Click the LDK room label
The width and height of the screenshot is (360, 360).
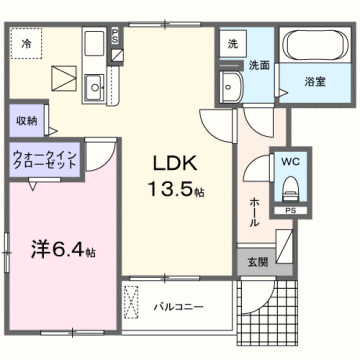point(175,162)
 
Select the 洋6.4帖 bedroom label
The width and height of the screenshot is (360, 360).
point(62,248)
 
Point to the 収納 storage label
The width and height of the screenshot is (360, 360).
point(27,119)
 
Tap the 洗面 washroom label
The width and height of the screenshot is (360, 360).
point(259,64)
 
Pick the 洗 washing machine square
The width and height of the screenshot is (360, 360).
point(232,44)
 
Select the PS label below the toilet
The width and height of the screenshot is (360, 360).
point(291,212)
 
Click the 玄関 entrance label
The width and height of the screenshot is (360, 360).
point(257,262)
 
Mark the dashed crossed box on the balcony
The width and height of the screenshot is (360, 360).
point(131,304)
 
